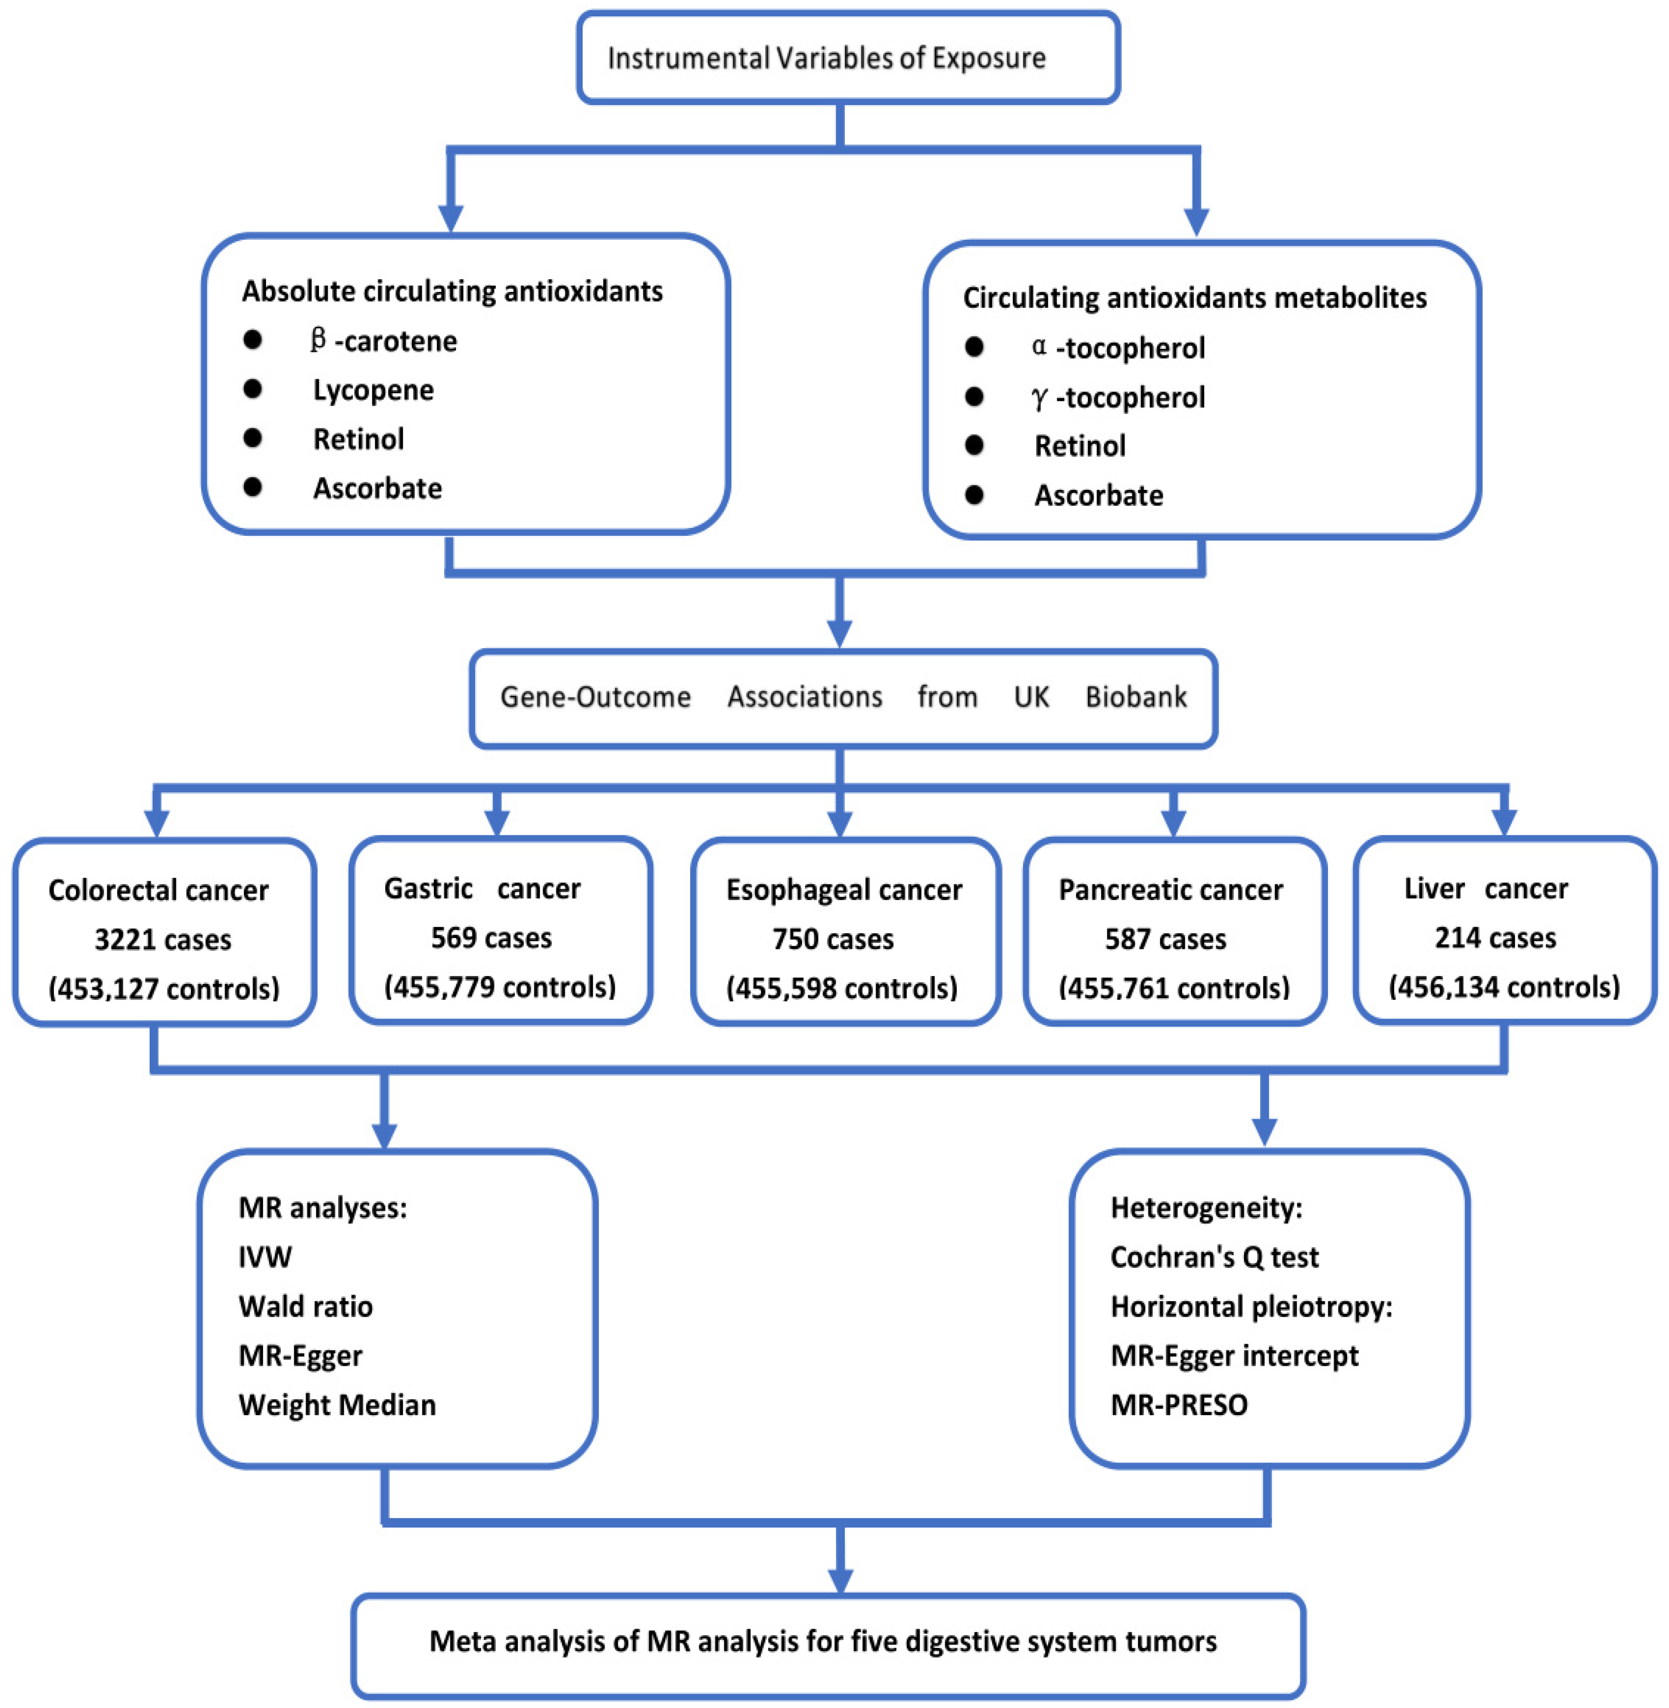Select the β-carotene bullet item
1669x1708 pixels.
383,341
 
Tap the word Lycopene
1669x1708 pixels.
373,390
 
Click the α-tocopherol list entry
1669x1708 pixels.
1118,348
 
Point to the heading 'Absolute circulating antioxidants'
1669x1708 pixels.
452,291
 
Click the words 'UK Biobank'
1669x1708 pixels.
1100,697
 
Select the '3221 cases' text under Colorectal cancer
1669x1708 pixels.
163,940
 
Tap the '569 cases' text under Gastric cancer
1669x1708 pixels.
491,938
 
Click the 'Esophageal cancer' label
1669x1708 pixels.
844,890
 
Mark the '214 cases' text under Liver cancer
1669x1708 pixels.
1495,938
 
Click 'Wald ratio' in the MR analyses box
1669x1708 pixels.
305,1306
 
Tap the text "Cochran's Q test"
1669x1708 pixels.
1214,1258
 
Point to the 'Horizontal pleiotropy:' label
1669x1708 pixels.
1251,1306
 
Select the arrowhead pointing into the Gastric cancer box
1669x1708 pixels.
497,823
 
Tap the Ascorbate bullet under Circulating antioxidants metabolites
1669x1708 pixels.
1098,496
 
